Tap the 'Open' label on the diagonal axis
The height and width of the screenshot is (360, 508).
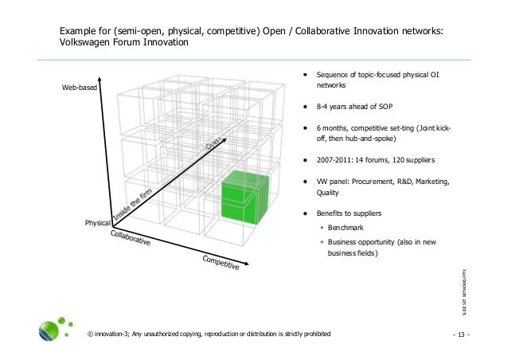point(213,144)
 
